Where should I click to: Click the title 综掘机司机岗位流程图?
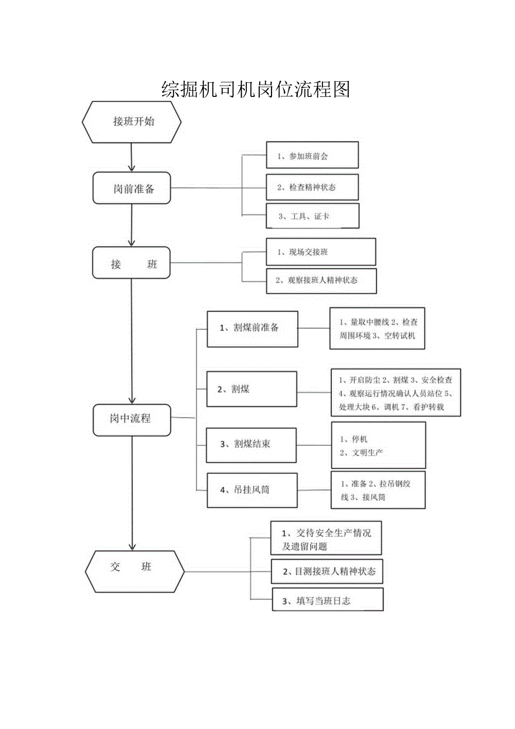[255, 89]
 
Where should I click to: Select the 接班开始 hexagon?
[132, 122]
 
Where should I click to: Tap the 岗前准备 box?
[132, 188]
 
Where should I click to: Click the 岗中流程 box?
[132, 418]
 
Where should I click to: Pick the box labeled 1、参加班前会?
[312, 155]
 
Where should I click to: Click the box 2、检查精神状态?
[312, 187]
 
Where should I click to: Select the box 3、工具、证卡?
[312, 216]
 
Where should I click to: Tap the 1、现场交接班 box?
[321, 252]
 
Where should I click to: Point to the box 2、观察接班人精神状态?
[321, 280]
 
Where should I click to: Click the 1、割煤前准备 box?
[252, 328]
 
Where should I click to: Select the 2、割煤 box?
[251, 388]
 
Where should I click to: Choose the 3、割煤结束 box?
[251, 445]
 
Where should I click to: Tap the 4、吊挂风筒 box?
[251, 490]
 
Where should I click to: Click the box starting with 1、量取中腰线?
[377, 328]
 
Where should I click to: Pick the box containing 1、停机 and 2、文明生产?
[378, 445]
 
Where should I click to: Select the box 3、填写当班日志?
[327, 600]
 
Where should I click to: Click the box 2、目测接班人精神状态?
[327, 572]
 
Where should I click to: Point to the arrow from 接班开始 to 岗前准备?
[132, 156]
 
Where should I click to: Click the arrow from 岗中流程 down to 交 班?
[133, 493]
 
